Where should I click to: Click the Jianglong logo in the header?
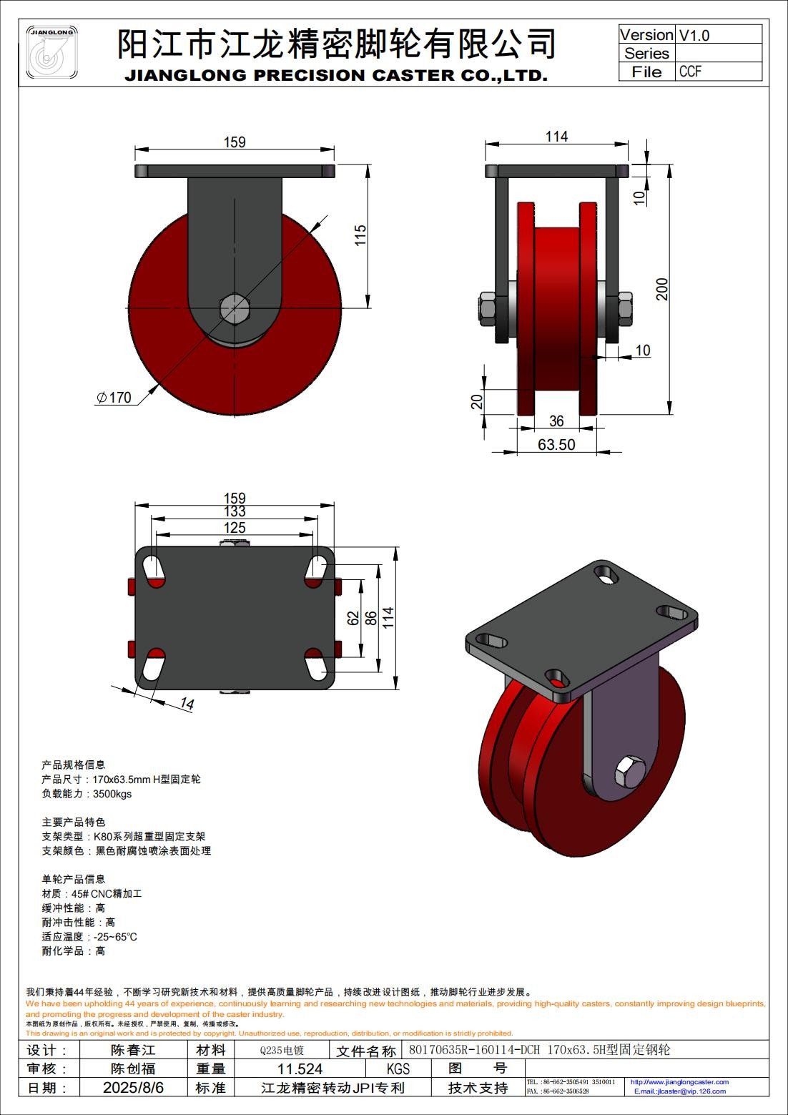[x=52, y=53]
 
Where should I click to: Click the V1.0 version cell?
[x=694, y=35]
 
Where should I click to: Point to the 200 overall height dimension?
[x=662, y=289]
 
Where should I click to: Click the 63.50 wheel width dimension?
[x=556, y=445]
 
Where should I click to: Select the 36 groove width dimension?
[x=556, y=421]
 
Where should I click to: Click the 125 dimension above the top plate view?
[x=235, y=527]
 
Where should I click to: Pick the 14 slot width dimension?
[x=187, y=704]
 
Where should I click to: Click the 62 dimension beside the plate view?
[x=353, y=618]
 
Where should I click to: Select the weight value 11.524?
[x=300, y=1069]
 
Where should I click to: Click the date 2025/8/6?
[x=133, y=1088]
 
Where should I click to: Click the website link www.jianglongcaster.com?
[x=679, y=1082]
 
